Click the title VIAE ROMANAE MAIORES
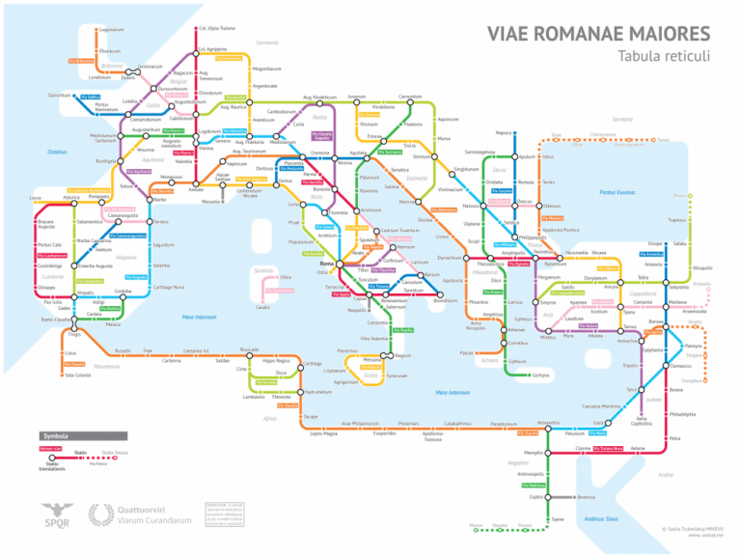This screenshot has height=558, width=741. click(x=598, y=33)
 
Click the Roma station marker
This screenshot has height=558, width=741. click(x=340, y=264)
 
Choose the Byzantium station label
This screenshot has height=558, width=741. click(x=556, y=264)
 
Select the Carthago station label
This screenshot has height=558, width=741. click(x=312, y=364)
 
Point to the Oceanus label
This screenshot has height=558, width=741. click(x=57, y=152)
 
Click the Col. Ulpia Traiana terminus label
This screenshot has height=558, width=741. click(x=216, y=29)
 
